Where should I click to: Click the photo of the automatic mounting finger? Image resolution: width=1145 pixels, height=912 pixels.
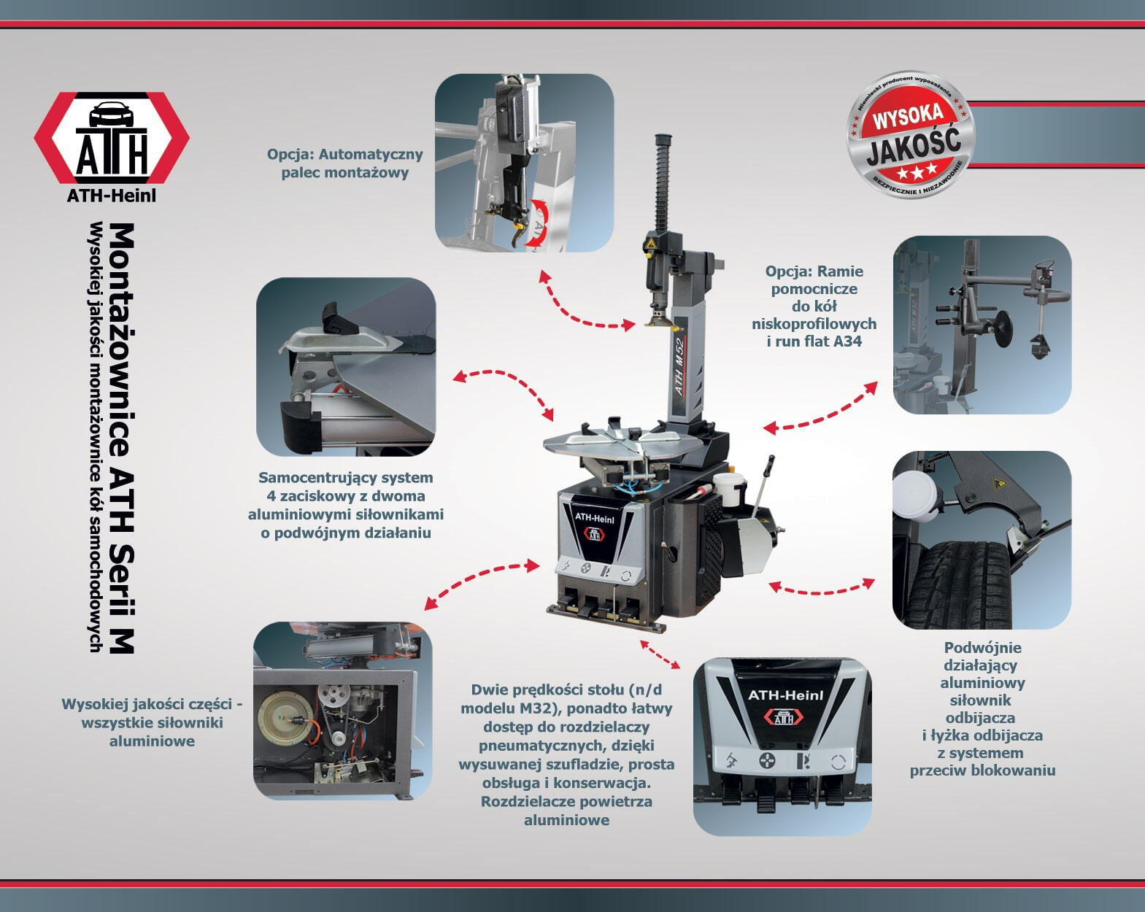click(x=524, y=163)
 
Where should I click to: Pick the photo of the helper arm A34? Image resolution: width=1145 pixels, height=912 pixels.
click(x=982, y=325)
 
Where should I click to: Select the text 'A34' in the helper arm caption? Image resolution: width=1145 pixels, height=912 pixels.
click(x=847, y=341)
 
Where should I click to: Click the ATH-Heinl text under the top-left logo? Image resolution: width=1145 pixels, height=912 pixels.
click(x=112, y=196)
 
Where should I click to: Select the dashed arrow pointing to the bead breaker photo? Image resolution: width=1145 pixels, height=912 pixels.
click(x=822, y=589)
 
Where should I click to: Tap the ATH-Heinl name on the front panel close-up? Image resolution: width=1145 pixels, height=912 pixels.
click(x=784, y=695)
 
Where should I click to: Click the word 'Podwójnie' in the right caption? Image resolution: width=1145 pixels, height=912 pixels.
click(x=982, y=648)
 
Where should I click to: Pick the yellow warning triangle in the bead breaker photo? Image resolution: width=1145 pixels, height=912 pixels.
click(x=997, y=484)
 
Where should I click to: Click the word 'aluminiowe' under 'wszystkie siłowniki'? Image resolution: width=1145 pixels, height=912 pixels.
click(x=153, y=741)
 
